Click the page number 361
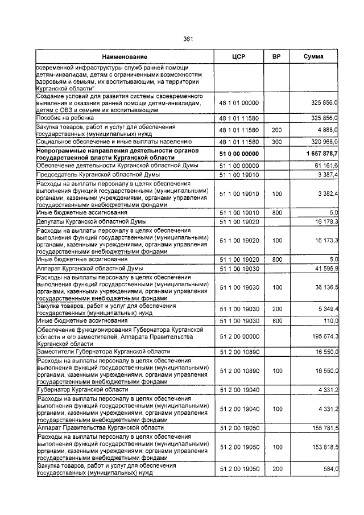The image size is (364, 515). click(x=189, y=39)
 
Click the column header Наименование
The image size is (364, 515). click(x=125, y=57)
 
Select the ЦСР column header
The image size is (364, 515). click(x=238, y=57)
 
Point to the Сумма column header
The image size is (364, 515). click(x=313, y=57)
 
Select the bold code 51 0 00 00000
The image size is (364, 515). click(x=239, y=154)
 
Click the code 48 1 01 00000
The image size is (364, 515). click(x=239, y=102)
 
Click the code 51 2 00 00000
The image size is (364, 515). click(x=239, y=337)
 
